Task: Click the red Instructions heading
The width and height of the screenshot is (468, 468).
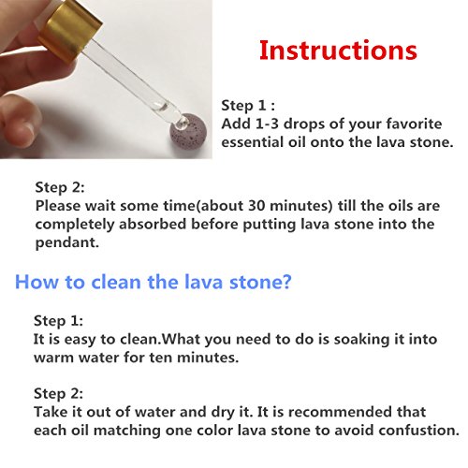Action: click(338, 51)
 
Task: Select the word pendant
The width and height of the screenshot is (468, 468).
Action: click(66, 243)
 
